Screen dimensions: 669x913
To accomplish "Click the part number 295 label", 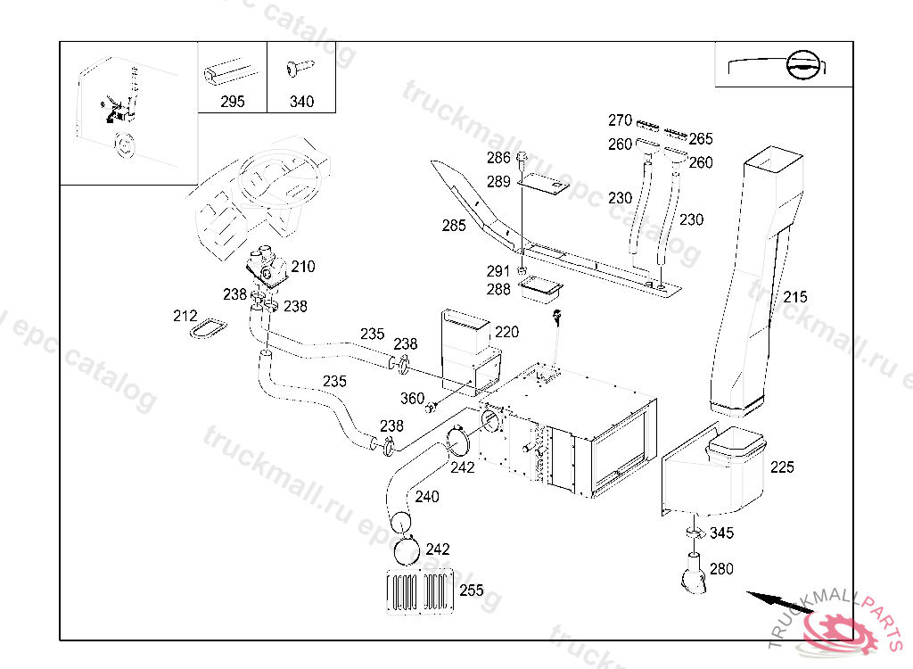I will click(x=233, y=102).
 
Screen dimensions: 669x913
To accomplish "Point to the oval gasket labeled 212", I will click(x=211, y=328).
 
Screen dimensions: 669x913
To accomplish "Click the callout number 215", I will click(x=795, y=297).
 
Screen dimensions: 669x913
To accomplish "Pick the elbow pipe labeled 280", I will click(x=693, y=574).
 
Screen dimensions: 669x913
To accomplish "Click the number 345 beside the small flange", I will click(x=722, y=533).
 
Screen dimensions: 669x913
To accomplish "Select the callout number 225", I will click(x=782, y=467).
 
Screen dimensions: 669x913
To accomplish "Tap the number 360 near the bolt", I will click(x=412, y=399).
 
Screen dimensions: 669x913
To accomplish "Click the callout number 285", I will click(x=454, y=226).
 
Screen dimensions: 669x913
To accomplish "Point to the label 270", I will click(x=621, y=120).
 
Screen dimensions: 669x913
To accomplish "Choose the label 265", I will click(x=701, y=138).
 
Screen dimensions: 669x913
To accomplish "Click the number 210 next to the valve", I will click(x=303, y=266).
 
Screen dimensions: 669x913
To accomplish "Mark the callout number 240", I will click(x=427, y=497).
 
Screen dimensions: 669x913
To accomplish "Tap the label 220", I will click(x=506, y=333).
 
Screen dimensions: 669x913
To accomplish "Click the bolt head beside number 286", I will click(x=522, y=159).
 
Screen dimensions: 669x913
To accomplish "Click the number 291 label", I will click(x=498, y=271).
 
